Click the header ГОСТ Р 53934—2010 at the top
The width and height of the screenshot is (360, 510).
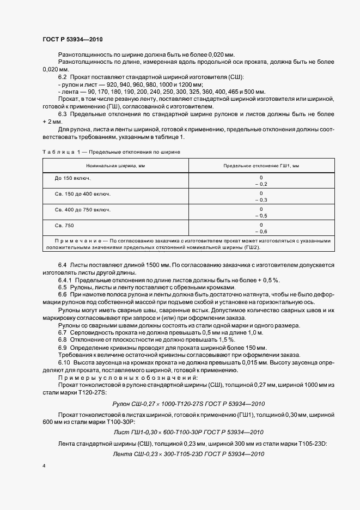[72, 40]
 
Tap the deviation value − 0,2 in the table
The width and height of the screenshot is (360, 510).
[261, 185]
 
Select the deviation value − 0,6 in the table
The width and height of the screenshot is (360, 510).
[261, 231]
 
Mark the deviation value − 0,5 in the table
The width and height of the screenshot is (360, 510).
[261, 216]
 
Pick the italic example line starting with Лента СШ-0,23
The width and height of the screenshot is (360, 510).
[184, 453]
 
